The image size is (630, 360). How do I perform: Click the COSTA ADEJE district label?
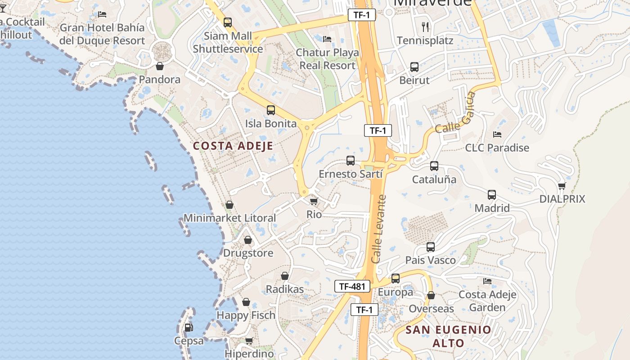pos(233,146)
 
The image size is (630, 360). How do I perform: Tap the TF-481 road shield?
pos(352,286)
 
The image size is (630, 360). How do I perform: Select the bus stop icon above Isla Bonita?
pos(271,110)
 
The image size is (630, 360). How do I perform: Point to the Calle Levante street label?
pos(379,229)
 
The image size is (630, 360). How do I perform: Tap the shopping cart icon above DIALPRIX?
pos(562,185)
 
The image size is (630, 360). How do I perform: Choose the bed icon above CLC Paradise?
pos(497,134)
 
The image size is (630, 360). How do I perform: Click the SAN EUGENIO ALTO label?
pos(448,336)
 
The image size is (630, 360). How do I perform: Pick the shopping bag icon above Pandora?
pos(159,67)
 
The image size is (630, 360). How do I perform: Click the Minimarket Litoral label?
pos(229,218)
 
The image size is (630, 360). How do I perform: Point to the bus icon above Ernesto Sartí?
pos(350,160)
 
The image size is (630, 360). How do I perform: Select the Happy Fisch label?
pos(246,315)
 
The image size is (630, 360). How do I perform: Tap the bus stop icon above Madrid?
pos(492,195)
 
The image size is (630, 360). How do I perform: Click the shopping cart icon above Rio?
pos(314,201)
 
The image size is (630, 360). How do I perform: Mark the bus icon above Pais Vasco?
pos(431,247)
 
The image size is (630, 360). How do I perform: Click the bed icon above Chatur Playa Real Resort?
pos(327,39)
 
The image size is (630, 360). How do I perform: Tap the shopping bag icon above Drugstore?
pos(247,240)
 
